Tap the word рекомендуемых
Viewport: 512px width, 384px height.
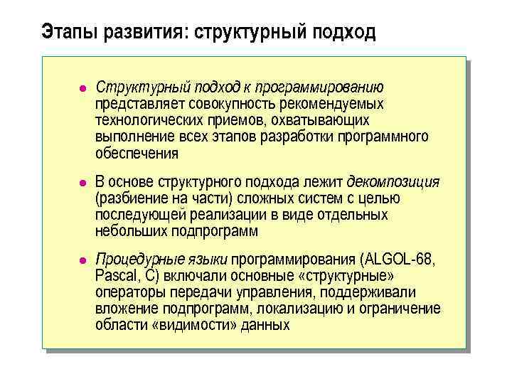tap(332, 104)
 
